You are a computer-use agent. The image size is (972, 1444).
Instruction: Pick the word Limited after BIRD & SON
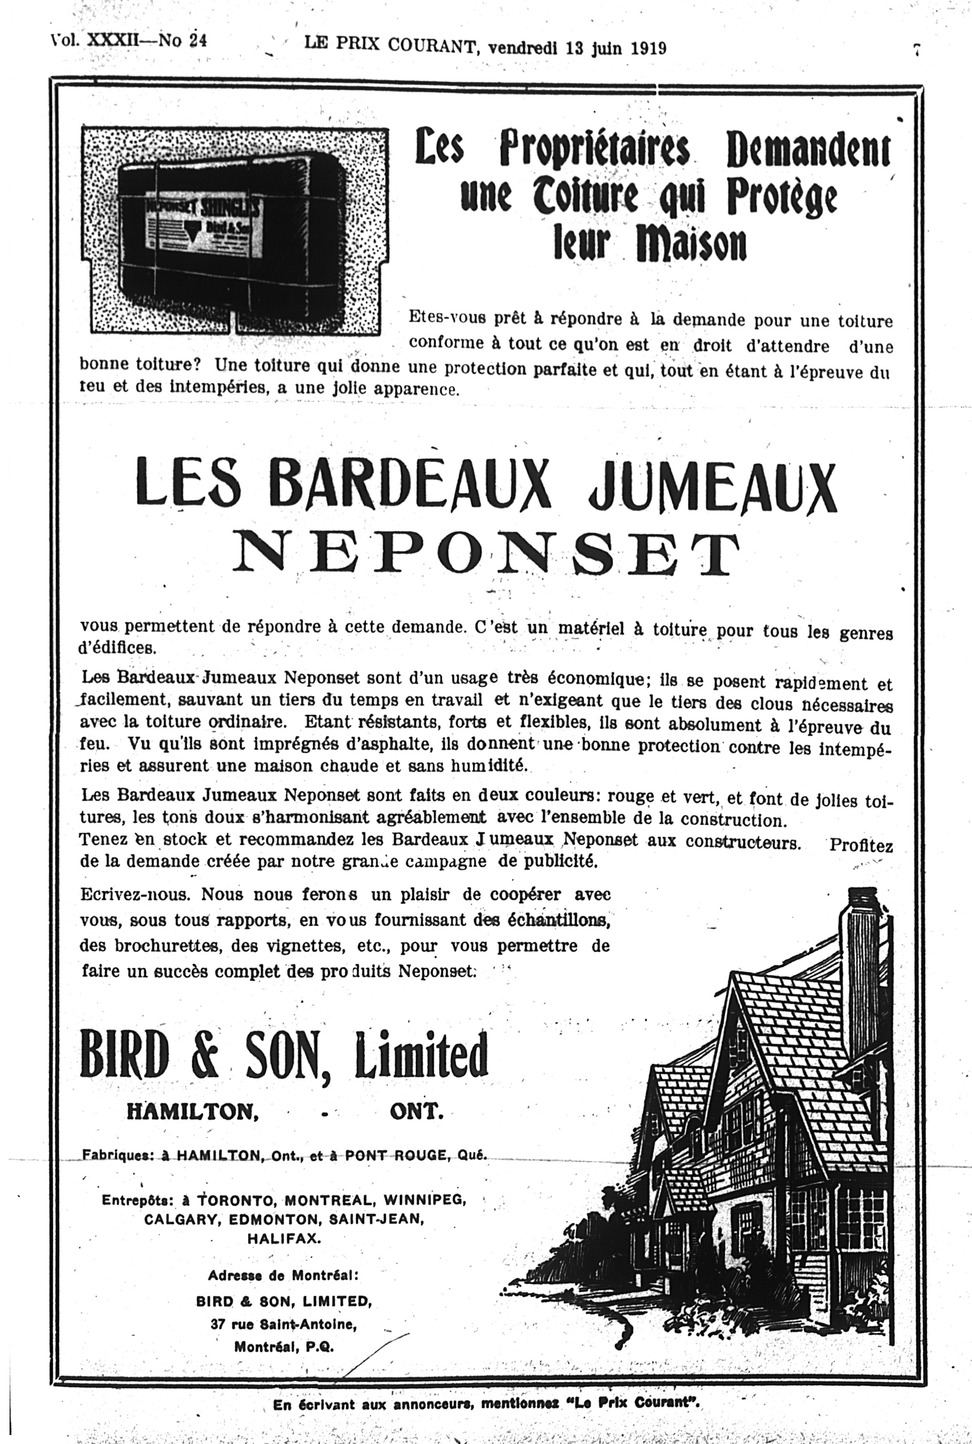pyautogui.click(x=421, y=1054)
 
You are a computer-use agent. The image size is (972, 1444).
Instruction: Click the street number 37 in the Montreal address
pyautogui.click(x=217, y=1324)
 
